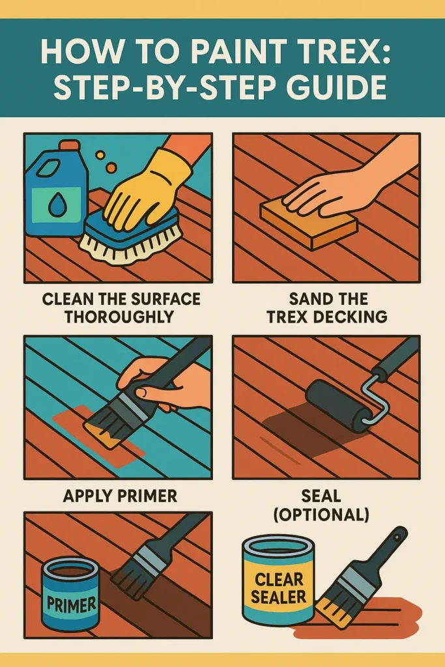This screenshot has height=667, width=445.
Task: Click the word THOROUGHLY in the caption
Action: (x=119, y=317)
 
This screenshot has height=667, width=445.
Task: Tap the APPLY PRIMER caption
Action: (x=120, y=496)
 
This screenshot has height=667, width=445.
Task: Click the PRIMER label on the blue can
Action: (x=71, y=603)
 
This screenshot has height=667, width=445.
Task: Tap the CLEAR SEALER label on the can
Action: (x=279, y=588)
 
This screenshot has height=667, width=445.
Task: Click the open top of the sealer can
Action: (x=279, y=546)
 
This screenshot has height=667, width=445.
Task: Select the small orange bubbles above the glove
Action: (x=106, y=162)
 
